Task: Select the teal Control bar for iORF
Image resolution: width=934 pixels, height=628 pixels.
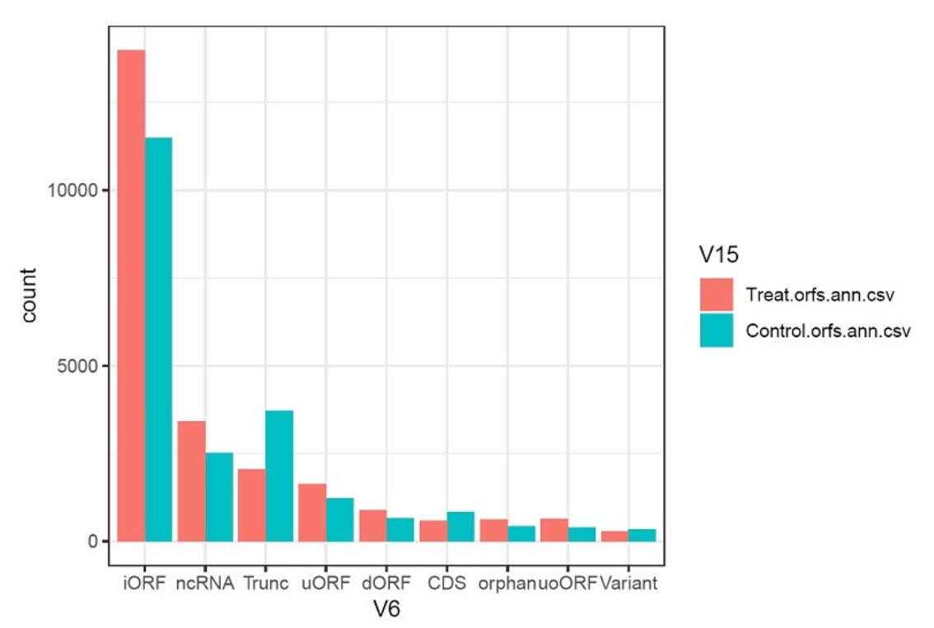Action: pyautogui.click(x=158, y=339)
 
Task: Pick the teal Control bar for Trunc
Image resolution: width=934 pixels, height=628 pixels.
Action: pyautogui.click(x=279, y=476)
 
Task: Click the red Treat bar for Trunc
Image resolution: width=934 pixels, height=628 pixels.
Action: pyautogui.click(x=252, y=504)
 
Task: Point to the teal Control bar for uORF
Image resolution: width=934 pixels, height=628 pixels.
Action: pyautogui.click(x=339, y=519)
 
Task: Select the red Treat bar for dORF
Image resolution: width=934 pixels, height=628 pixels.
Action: pyautogui.click(x=373, y=525)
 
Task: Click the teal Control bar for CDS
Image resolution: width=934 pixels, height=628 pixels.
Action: pyautogui.click(x=460, y=527)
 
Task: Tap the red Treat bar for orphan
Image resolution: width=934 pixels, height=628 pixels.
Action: pyautogui.click(x=494, y=530)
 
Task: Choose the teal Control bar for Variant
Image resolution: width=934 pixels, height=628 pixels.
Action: pyautogui.click(x=642, y=535)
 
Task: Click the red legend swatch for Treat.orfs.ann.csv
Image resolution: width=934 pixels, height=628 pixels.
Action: pyautogui.click(x=717, y=295)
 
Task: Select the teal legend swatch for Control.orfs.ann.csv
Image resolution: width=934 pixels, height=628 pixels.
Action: pyautogui.click(x=717, y=330)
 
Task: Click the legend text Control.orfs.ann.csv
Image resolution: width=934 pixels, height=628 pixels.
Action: pyautogui.click(x=827, y=330)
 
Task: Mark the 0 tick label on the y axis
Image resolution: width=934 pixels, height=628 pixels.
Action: pyautogui.click(x=94, y=541)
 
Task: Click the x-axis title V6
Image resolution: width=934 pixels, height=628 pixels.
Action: pyautogui.click(x=385, y=608)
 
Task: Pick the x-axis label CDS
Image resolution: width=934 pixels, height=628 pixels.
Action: pyautogui.click(x=446, y=583)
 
